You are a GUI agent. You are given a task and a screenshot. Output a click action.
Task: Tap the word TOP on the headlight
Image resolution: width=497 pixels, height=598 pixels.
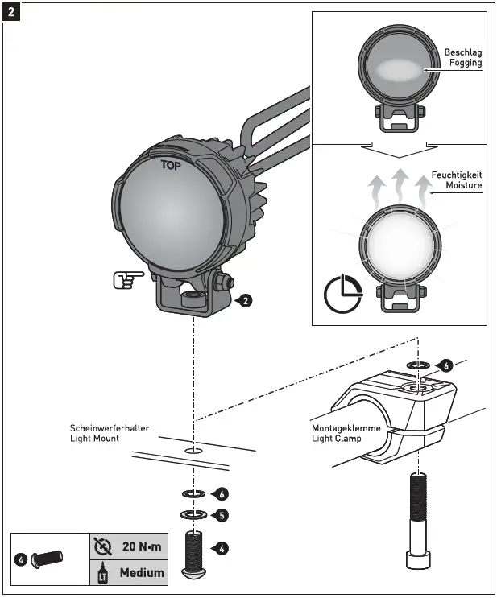(x=170, y=167)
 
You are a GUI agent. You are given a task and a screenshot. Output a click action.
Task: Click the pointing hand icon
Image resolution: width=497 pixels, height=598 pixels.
(x=128, y=279)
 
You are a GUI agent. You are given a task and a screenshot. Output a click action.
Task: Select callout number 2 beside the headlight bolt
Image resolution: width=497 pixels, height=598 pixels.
(x=245, y=301)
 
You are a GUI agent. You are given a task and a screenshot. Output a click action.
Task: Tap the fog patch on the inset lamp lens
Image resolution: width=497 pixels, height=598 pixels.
(x=394, y=69)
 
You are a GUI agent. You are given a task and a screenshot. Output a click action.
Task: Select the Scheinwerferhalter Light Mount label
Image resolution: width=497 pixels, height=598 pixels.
(x=110, y=433)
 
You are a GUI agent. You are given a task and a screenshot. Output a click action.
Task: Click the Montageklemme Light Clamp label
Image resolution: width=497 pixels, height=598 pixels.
(x=346, y=434)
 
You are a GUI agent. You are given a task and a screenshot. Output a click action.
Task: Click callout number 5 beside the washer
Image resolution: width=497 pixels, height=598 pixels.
(x=222, y=514)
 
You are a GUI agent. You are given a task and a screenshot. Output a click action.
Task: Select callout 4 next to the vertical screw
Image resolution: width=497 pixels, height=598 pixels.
(x=222, y=548)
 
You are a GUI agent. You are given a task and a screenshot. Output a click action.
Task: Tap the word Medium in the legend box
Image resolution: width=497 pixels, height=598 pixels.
(x=142, y=573)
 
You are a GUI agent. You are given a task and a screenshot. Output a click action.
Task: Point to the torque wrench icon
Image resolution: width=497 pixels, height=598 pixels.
(x=102, y=546)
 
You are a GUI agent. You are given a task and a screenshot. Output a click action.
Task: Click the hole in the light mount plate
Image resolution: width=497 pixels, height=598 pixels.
(x=193, y=452)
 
